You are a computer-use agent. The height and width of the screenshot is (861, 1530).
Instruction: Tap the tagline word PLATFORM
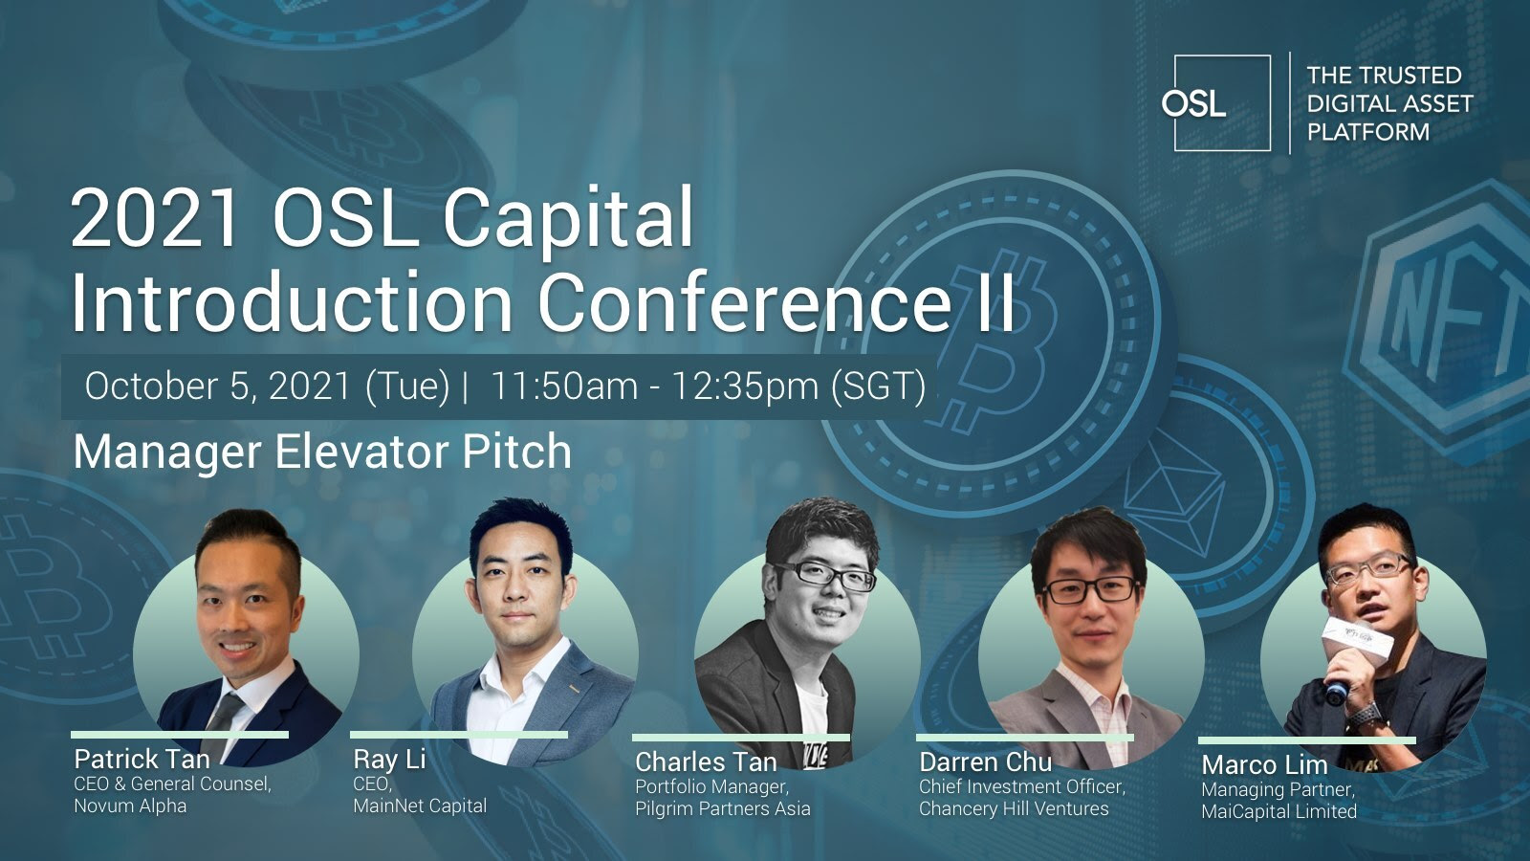click(x=1368, y=132)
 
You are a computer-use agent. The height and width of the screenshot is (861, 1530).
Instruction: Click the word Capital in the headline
click(x=568, y=219)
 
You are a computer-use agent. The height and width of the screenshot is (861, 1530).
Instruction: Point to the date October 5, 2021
click(x=218, y=386)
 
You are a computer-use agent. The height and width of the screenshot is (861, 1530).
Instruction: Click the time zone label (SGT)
click(x=879, y=386)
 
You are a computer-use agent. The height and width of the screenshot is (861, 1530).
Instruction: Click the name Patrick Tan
click(x=142, y=760)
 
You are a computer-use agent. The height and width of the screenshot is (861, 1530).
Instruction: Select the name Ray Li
click(x=389, y=760)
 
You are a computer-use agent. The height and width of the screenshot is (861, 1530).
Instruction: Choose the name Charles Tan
click(x=707, y=762)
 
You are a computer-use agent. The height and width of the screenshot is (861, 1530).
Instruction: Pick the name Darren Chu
click(x=986, y=762)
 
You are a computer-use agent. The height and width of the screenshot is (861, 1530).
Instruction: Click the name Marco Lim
click(x=1264, y=764)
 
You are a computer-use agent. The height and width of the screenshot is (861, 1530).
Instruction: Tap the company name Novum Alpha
click(x=130, y=806)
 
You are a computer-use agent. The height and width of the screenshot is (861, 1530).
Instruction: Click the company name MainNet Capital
click(x=420, y=806)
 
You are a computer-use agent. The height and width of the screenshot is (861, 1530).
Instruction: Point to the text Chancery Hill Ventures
click(x=1014, y=809)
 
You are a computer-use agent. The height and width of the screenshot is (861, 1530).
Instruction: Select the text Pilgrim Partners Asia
click(x=723, y=809)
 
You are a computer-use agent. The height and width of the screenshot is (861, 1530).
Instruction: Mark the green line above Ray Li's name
click(x=459, y=736)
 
